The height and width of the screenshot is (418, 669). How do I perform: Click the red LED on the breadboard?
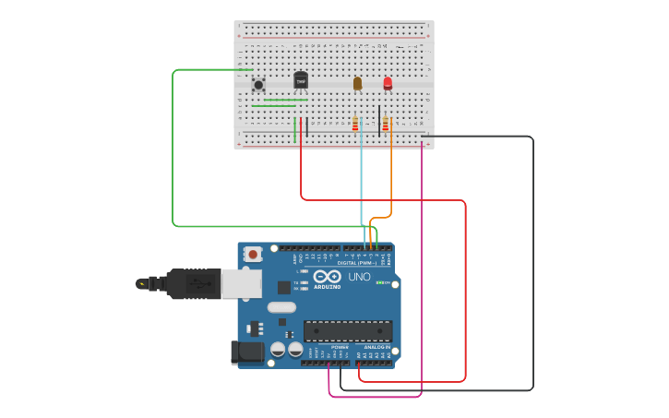pyautogui.click(x=388, y=83)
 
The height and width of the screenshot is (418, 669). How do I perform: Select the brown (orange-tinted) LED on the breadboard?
pyautogui.click(x=358, y=83)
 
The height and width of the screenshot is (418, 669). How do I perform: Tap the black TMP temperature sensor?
pyautogui.click(x=301, y=80)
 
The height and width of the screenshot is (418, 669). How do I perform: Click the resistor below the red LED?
pyautogui.click(x=386, y=125)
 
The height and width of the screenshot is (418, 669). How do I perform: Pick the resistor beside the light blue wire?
pyautogui.click(x=355, y=124)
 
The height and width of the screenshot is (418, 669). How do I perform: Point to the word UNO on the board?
pyautogui.click(x=359, y=277)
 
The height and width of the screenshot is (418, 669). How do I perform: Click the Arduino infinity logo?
pyautogui.click(x=327, y=276)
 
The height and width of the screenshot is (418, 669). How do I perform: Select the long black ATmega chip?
pyautogui.click(x=348, y=330)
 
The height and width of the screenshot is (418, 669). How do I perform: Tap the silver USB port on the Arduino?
pyautogui.click(x=242, y=283)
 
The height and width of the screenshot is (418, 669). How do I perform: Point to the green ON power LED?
pyautogui.click(x=378, y=282)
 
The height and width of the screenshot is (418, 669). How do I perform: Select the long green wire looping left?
pyautogui.click(x=173, y=148)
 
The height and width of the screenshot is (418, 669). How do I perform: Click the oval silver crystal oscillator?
pyautogui.click(x=282, y=307)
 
